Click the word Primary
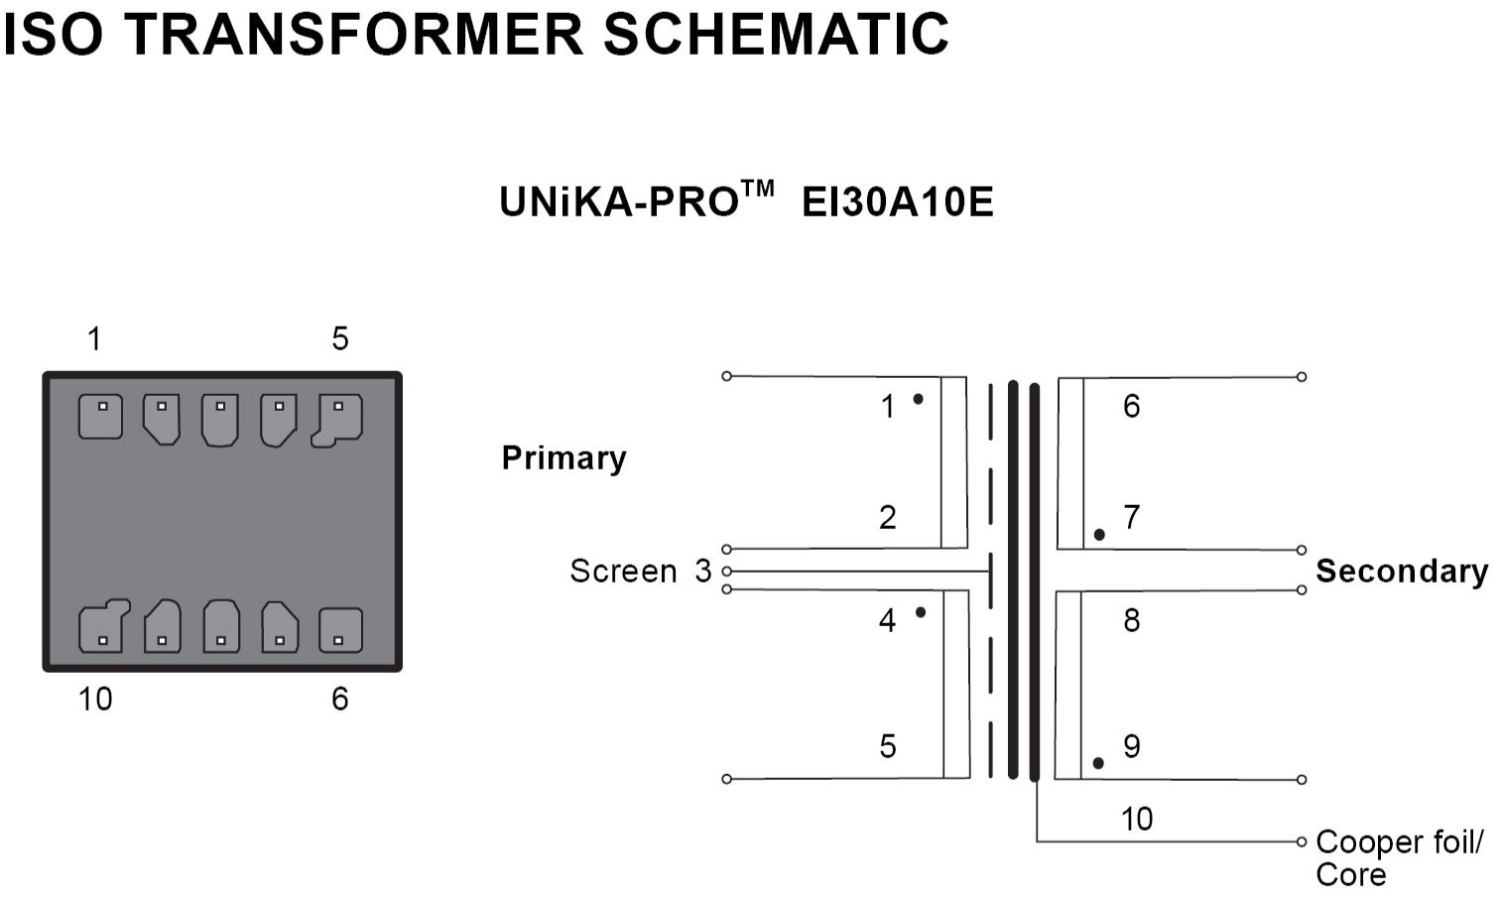(563, 458)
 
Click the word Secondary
(1401, 572)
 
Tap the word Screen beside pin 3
(623, 572)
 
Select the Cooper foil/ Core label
(1399, 858)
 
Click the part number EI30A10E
(897, 203)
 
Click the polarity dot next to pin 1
(919, 399)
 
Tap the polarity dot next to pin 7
(1099, 535)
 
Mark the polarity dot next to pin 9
(1098, 763)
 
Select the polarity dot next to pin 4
(921, 612)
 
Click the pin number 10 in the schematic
(1136, 819)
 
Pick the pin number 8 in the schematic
(1131, 621)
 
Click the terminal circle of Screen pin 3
(727, 572)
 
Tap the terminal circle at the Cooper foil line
(1302, 841)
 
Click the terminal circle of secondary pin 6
(1302, 377)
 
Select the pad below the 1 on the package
(101, 416)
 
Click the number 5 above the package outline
(340, 339)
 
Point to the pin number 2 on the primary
(888, 517)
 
